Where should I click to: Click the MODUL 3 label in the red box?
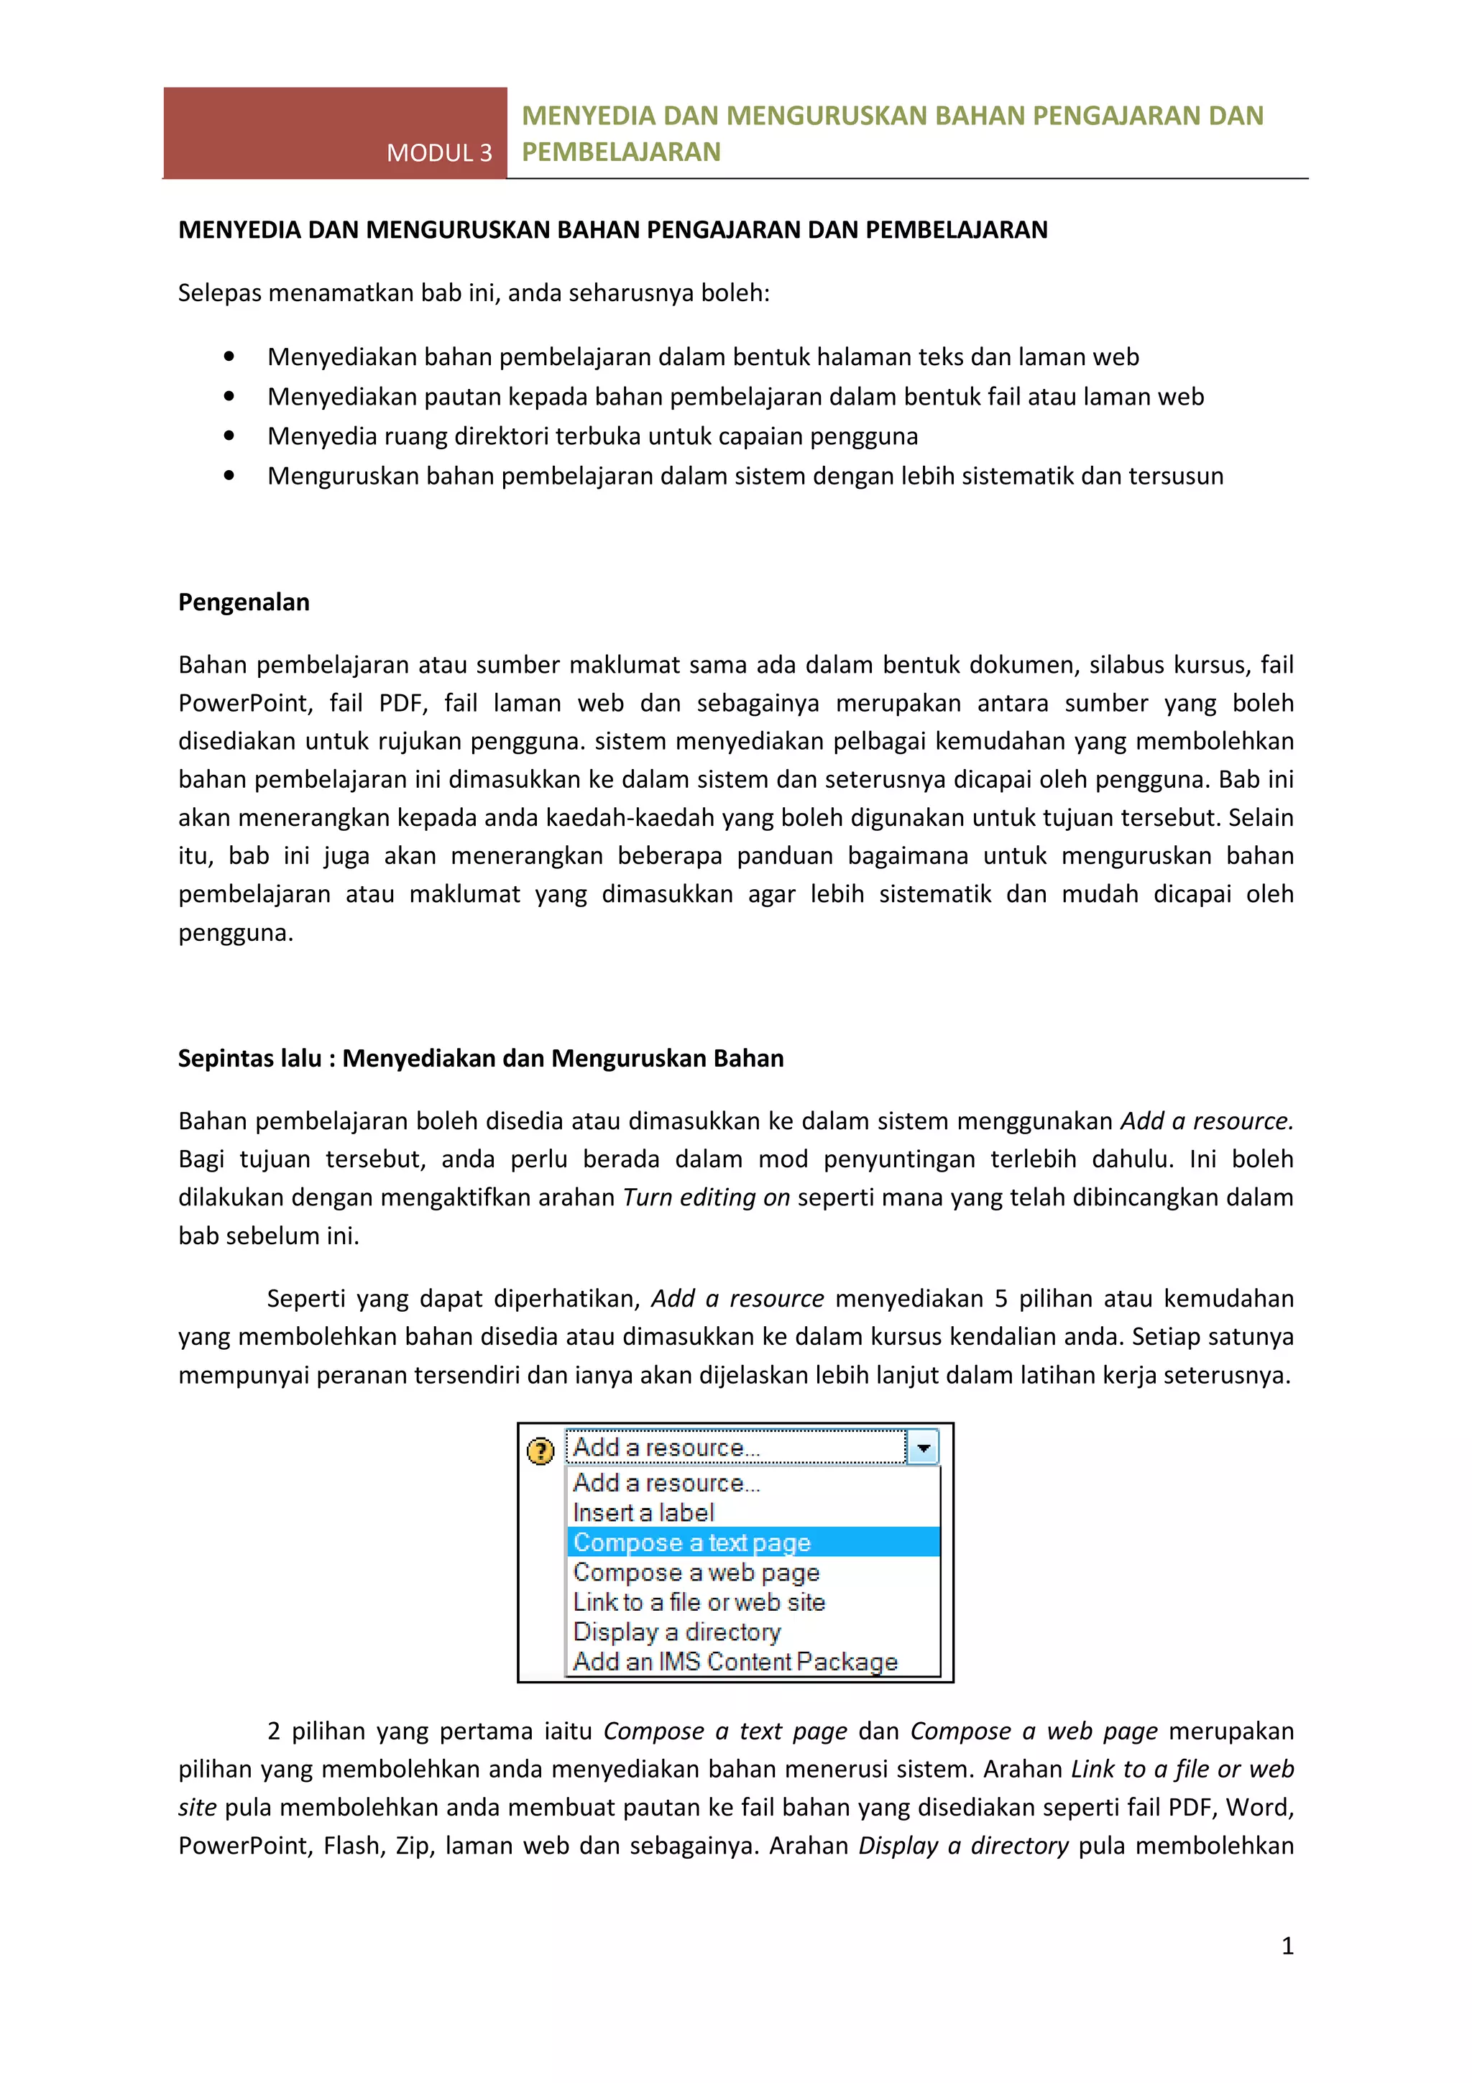coord(439,152)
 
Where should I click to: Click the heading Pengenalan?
coord(243,602)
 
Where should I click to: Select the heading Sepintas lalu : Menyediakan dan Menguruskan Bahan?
coord(480,1058)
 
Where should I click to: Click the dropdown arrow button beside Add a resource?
coord(922,1448)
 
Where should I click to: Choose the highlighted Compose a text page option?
coord(691,1542)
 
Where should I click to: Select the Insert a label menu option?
coord(643,1512)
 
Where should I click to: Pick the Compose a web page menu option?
coord(696,1572)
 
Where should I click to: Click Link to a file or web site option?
coord(699,1602)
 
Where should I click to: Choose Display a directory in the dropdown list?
coord(676,1632)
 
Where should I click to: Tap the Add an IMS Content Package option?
coord(735,1661)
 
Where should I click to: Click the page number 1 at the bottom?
coord(1287,1945)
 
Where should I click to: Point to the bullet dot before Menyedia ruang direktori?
coord(229,436)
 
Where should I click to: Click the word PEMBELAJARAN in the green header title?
coord(621,152)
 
